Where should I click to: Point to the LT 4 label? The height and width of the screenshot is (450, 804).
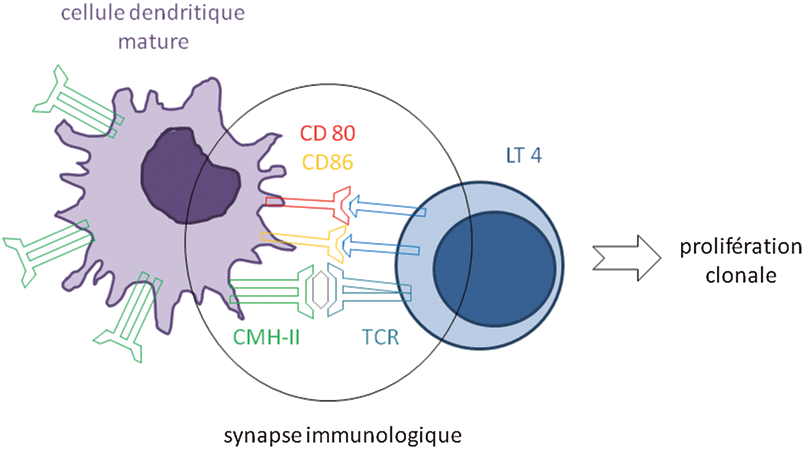(520, 156)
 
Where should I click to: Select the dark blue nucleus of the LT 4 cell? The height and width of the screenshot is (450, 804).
(494, 267)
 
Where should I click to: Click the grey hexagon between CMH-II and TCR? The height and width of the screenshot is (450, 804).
(320, 290)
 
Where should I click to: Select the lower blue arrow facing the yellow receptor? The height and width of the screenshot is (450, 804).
(379, 245)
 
